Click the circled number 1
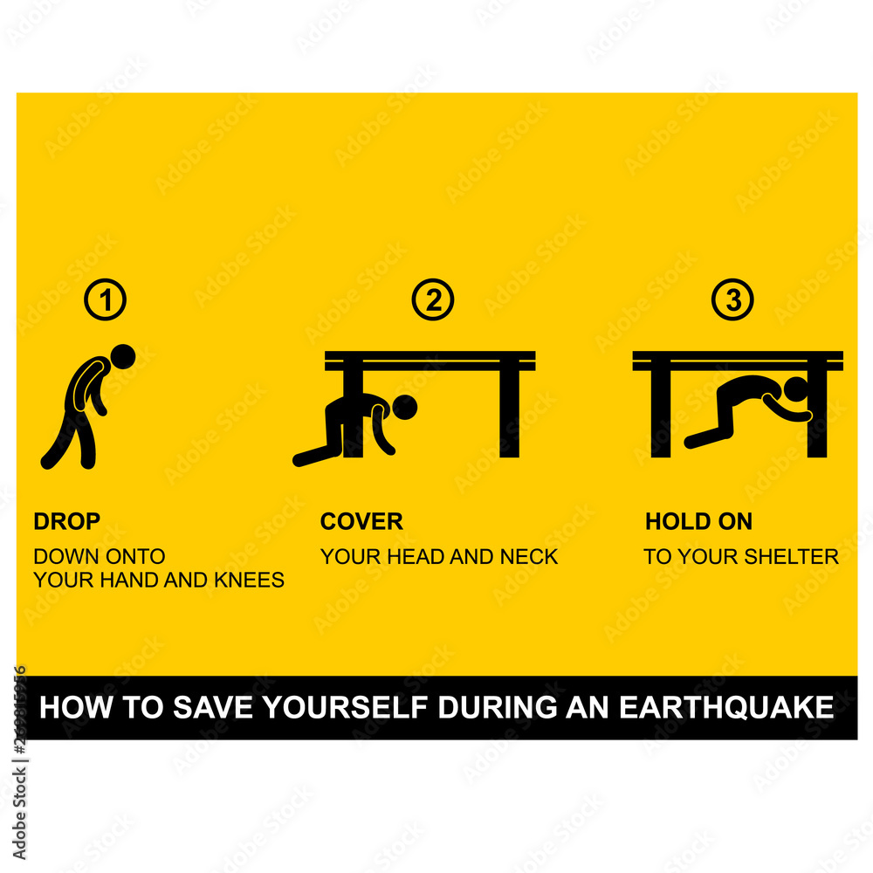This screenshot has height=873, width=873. (106, 301)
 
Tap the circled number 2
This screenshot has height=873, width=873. (433, 301)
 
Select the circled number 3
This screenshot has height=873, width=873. (732, 301)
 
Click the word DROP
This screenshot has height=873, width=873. (67, 522)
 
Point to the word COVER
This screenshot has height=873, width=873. (361, 522)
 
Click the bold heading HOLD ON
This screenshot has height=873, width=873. (698, 522)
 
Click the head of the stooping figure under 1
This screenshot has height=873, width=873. (124, 356)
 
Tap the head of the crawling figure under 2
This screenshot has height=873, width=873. (406, 406)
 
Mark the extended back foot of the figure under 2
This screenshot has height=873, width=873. (301, 458)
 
